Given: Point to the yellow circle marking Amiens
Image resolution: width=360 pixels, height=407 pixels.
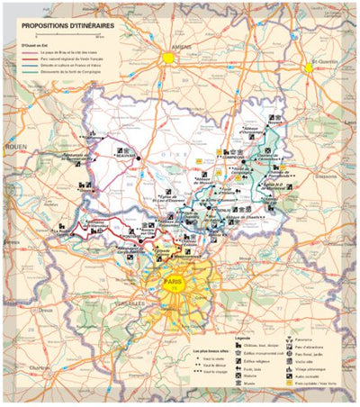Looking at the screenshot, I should (167, 57).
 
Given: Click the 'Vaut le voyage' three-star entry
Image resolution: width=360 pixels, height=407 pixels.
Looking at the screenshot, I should (210, 371).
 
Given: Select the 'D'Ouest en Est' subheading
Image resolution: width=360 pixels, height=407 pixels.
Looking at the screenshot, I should (28, 46).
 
